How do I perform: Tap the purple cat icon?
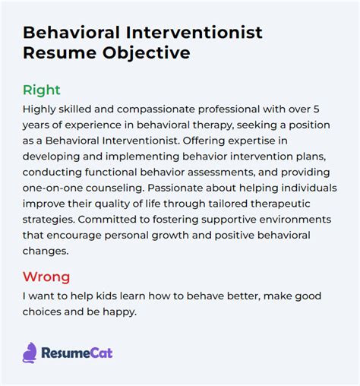pyautogui.click(x=30, y=352)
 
